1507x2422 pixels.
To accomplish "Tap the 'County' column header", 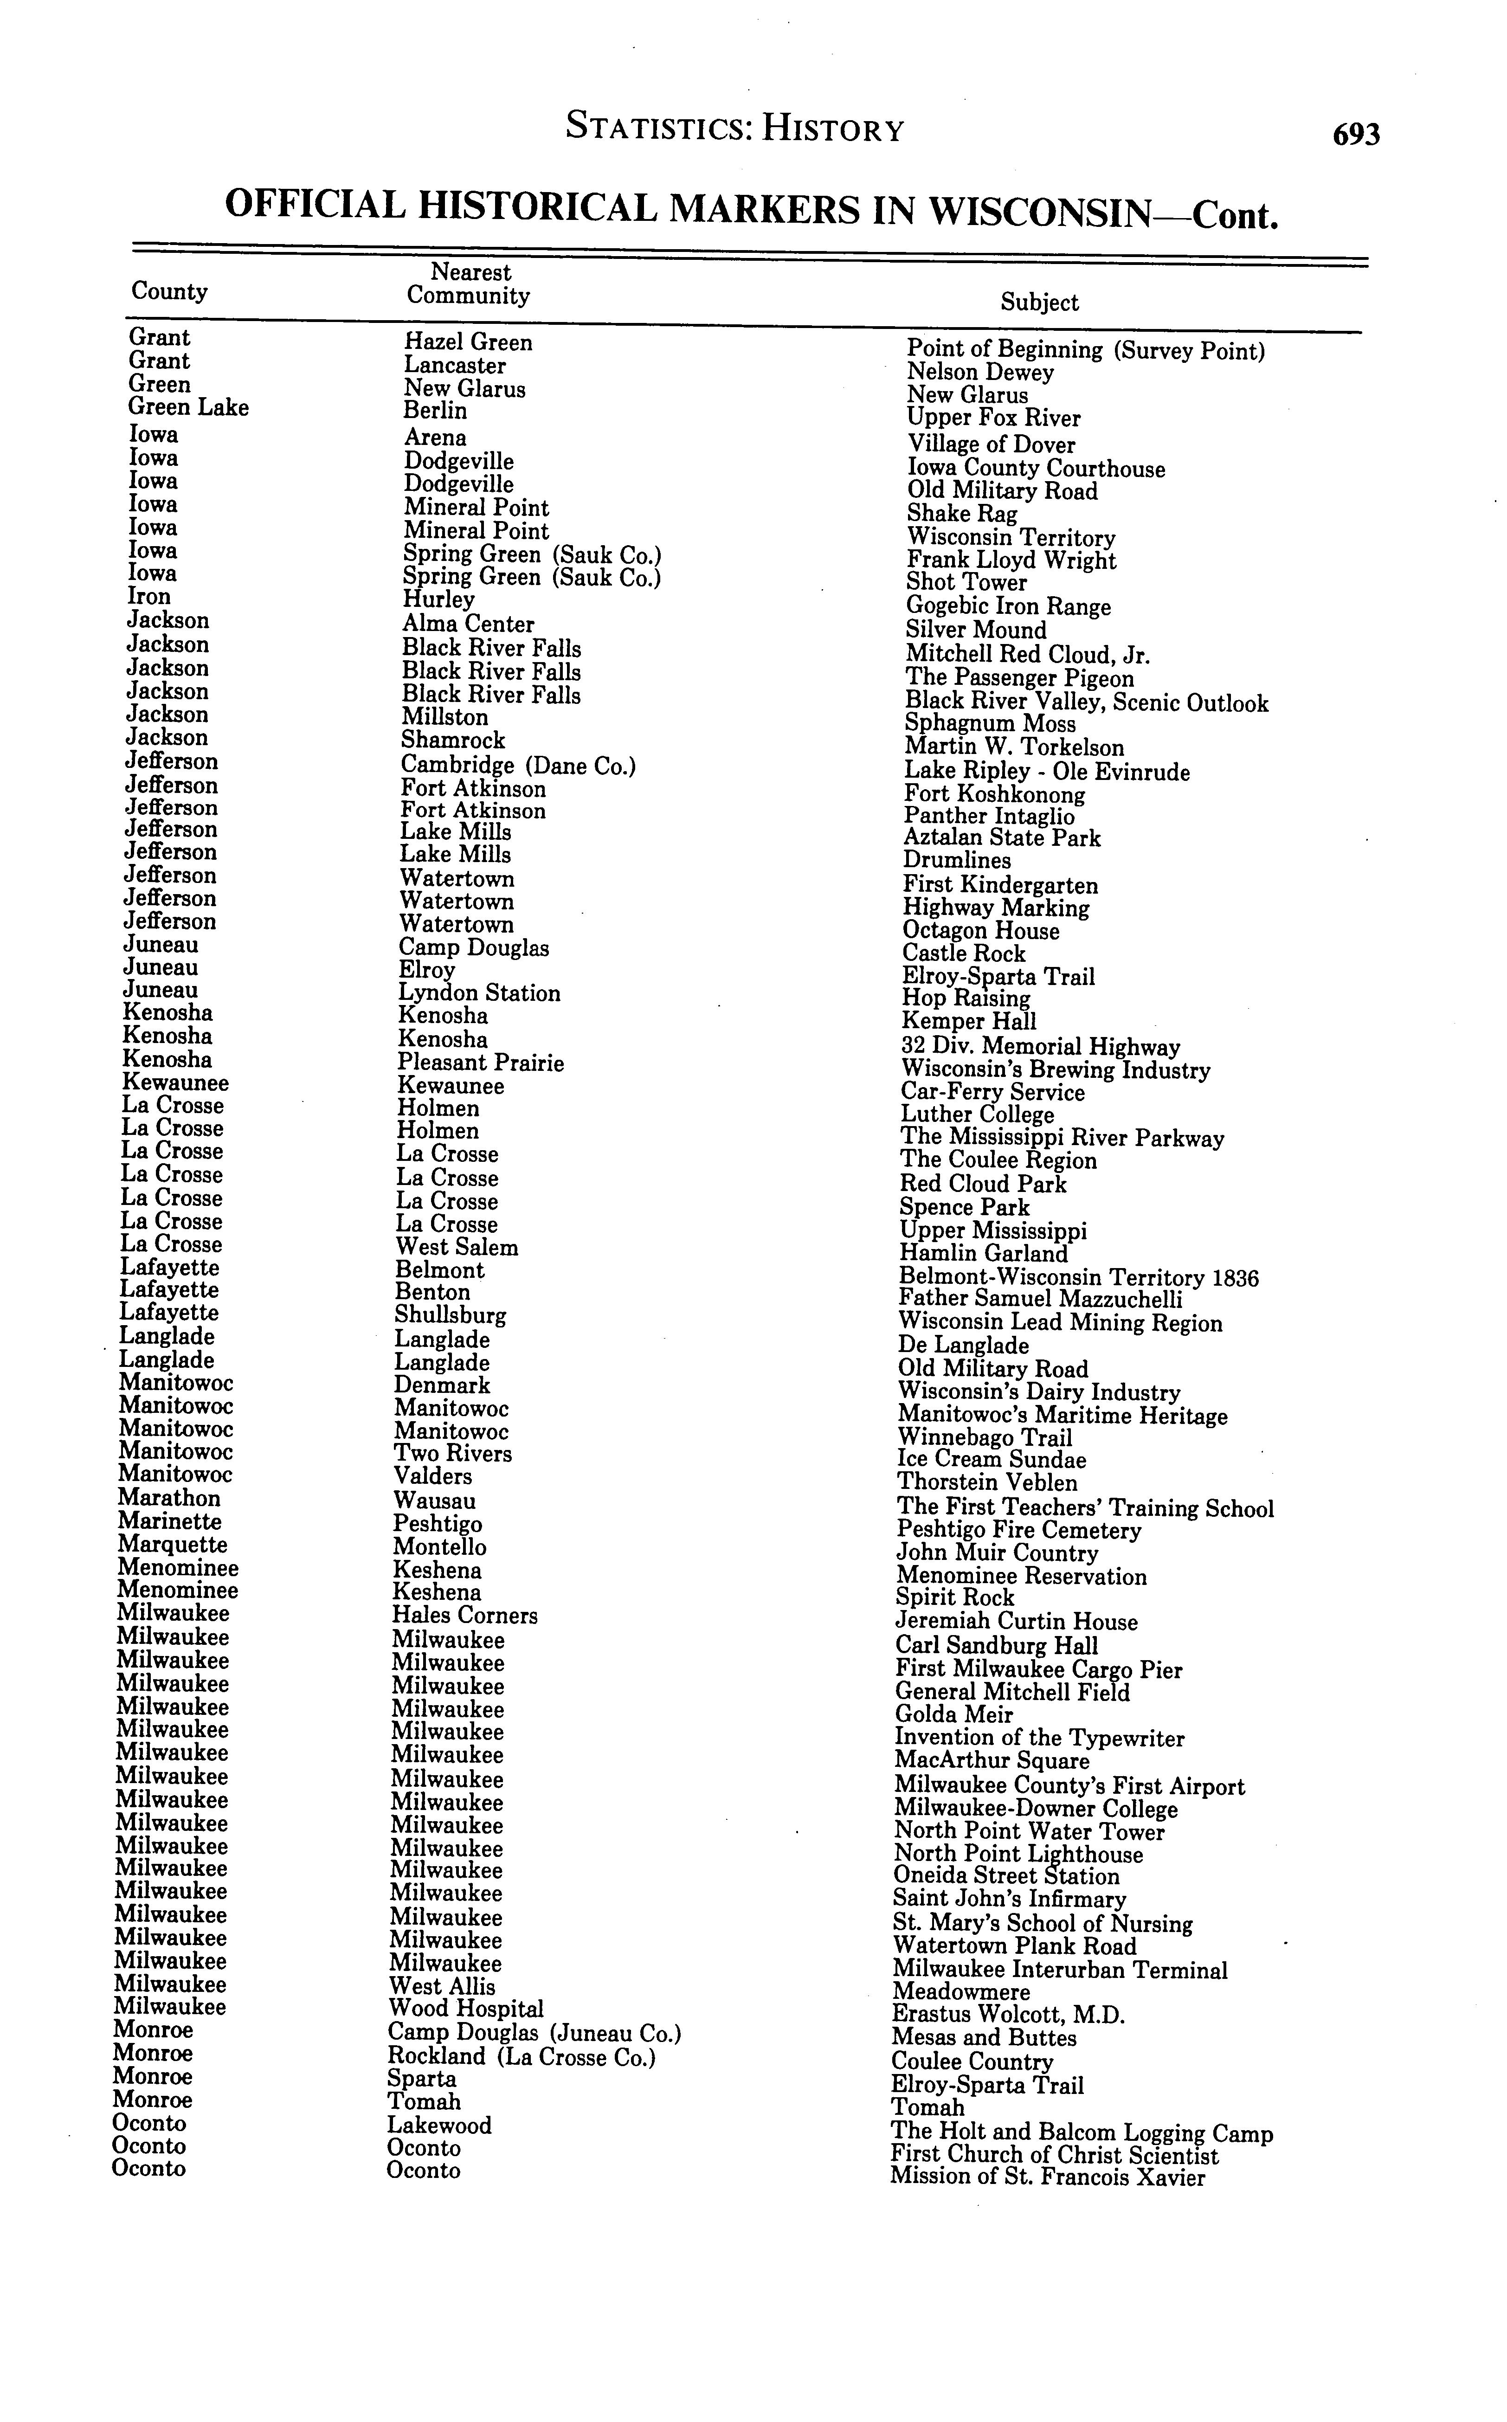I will tap(169, 291).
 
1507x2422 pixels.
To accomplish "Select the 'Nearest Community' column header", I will tap(469, 284).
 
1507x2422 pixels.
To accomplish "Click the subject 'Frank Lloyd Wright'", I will tap(1011, 561).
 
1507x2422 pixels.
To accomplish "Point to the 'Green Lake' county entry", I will tap(188, 408).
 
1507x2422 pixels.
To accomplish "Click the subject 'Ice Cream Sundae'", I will tap(992, 1460).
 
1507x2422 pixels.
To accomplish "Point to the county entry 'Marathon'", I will tap(168, 1498).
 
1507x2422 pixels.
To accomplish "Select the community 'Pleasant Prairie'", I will tap(480, 1063).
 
